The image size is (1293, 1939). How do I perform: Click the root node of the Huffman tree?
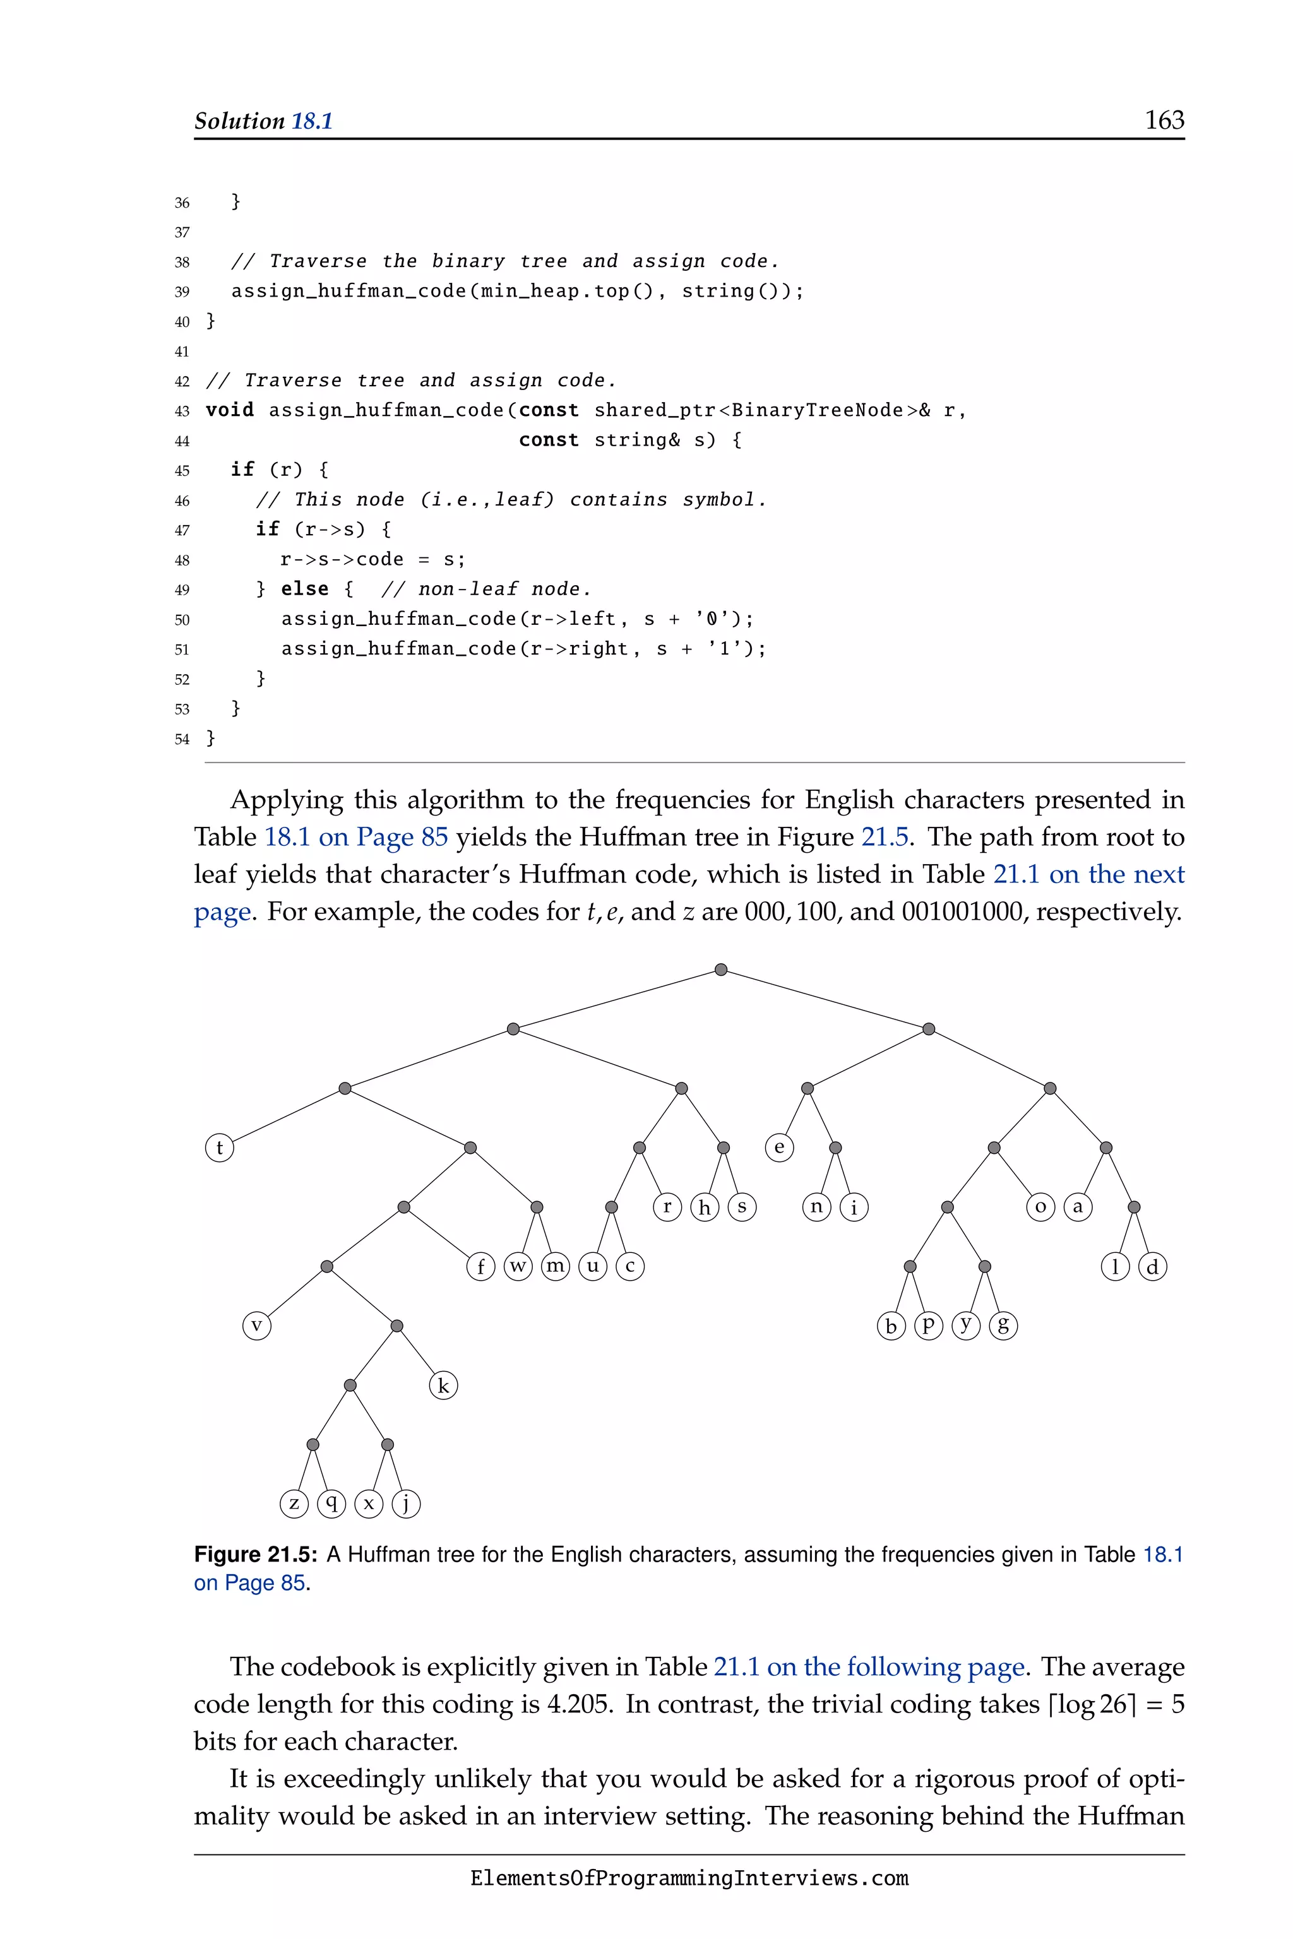[721, 969]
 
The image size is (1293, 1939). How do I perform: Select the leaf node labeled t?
[219, 1147]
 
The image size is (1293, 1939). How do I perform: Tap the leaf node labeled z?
[294, 1503]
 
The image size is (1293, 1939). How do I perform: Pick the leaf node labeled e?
[779, 1147]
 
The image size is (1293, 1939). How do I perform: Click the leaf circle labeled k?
[444, 1386]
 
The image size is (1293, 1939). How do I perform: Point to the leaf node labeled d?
[1152, 1267]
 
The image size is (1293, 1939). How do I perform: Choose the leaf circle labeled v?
[256, 1325]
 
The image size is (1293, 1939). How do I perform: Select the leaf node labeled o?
[1040, 1207]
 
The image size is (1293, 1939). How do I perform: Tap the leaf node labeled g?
[1003, 1325]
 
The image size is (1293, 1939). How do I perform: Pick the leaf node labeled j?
[406, 1503]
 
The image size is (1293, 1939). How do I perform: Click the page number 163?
[1164, 121]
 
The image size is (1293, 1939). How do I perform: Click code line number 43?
[182, 410]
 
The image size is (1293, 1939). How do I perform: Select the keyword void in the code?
[229, 410]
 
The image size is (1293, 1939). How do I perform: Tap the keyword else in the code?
[304, 589]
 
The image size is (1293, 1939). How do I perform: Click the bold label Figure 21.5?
[256, 1555]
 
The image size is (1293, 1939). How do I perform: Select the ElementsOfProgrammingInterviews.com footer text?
[689, 1878]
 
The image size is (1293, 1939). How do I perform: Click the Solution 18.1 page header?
[263, 121]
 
